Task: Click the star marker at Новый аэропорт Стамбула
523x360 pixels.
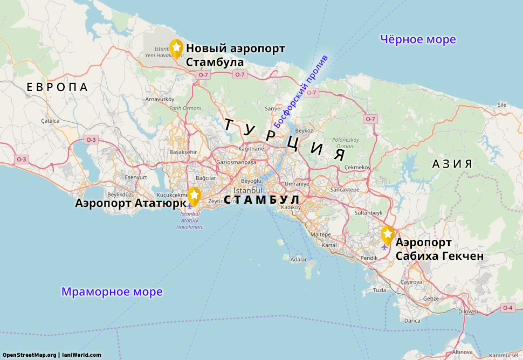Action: (176, 47)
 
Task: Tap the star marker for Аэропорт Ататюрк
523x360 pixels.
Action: (194, 195)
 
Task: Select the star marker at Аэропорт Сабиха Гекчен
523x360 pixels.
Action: (387, 234)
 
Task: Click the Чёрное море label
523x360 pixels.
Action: (418, 39)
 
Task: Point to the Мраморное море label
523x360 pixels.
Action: (112, 292)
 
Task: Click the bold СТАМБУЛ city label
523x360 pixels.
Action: (261, 200)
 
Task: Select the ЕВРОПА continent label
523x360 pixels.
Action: (57, 87)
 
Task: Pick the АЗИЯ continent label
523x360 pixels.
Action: (452, 164)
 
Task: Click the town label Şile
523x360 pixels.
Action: (502, 104)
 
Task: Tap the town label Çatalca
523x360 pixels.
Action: (50, 121)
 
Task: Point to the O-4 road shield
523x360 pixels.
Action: (507, 308)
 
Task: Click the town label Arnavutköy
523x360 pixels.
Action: (160, 99)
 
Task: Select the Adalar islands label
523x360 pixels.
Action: (298, 259)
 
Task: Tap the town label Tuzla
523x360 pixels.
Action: (380, 290)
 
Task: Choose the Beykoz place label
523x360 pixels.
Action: (304, 130)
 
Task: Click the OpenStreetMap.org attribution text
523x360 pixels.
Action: (29, 355)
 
